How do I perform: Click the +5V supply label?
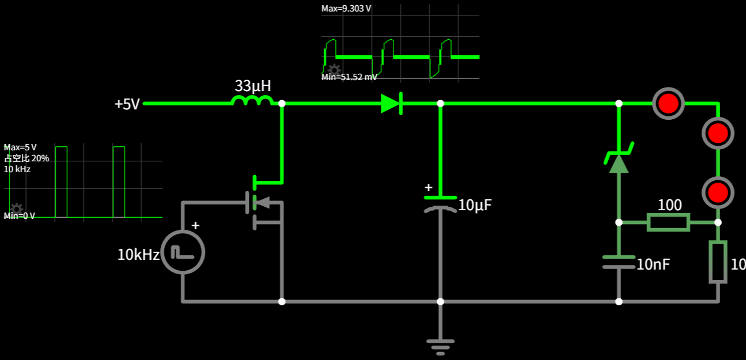click(x=127, y=104)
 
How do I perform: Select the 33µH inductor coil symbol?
click(x=252, y=101)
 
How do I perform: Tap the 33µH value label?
click(x=252, y=86)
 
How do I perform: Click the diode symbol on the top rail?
click(x=391, y=104)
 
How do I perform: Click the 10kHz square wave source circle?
click(x=183, y=252)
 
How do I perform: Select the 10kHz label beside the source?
click(x=138, y=255)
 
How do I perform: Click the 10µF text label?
click(x=475, y=205)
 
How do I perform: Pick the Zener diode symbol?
click(x=619, y=161)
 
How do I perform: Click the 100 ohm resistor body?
click(x=668, y=222)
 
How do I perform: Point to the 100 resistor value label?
click(x=669, y=205)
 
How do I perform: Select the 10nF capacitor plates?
click(x=619, y=262)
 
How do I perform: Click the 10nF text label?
click(x=653, y=264)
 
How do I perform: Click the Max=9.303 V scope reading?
click(x=346, y=9)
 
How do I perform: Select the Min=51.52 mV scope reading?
click(x=349, y=77)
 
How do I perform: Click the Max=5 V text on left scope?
click(x=20, y=147)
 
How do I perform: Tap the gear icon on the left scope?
click(x=17, y=209)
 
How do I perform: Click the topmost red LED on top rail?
click(x=669, y=104)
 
